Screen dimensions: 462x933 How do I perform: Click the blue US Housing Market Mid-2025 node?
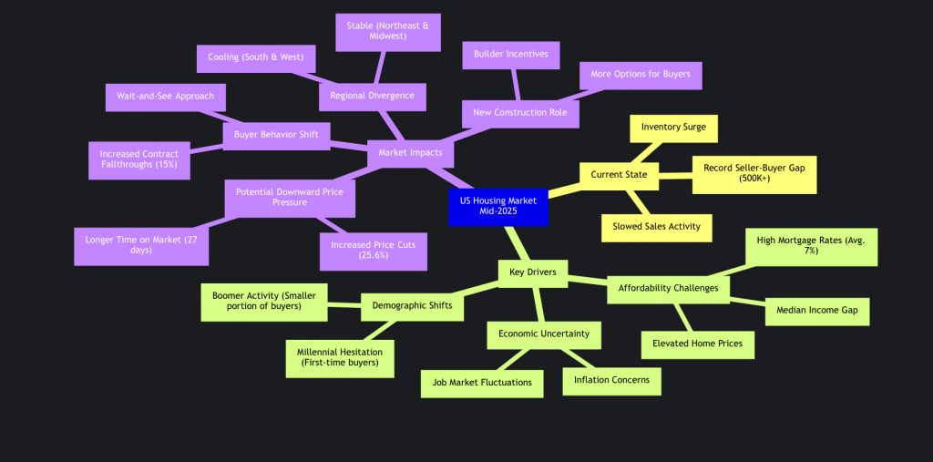pyautogui.click(x=497, y=206)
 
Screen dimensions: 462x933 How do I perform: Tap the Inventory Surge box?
pyautogui.click(x=673, y=128)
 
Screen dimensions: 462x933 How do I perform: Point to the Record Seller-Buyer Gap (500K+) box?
pyautogui.click(x=754, y=174)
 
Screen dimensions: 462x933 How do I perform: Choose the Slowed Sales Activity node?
pyautogui.click(x=657, y=226)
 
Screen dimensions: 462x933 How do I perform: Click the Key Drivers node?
pyautogui.click(x=533, y=272)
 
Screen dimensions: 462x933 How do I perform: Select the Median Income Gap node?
pyautogui.click(x=816, y=311)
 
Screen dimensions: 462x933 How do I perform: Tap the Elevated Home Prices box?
pyautogui.click(x=698, y=344)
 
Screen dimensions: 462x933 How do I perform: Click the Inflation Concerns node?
pyautogui.click(x=611, y=379)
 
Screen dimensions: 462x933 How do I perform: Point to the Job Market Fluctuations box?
pyautogui.click(x=482, y=382)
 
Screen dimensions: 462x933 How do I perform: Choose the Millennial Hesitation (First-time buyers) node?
pyautogui.click(x=339, y=357)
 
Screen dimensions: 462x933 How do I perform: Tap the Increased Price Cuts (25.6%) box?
pyautogui.click(x=374, y=251)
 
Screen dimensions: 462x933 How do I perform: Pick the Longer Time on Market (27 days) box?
pyautogui.click(x=140, y=246)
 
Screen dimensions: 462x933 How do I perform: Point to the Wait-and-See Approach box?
pyautogui.click(x=165, y=97)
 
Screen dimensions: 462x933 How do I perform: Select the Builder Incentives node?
pyautogui.click(x=511, y=55)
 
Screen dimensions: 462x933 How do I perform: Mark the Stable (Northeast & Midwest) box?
pyautogui.click(x=388, y=32)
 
